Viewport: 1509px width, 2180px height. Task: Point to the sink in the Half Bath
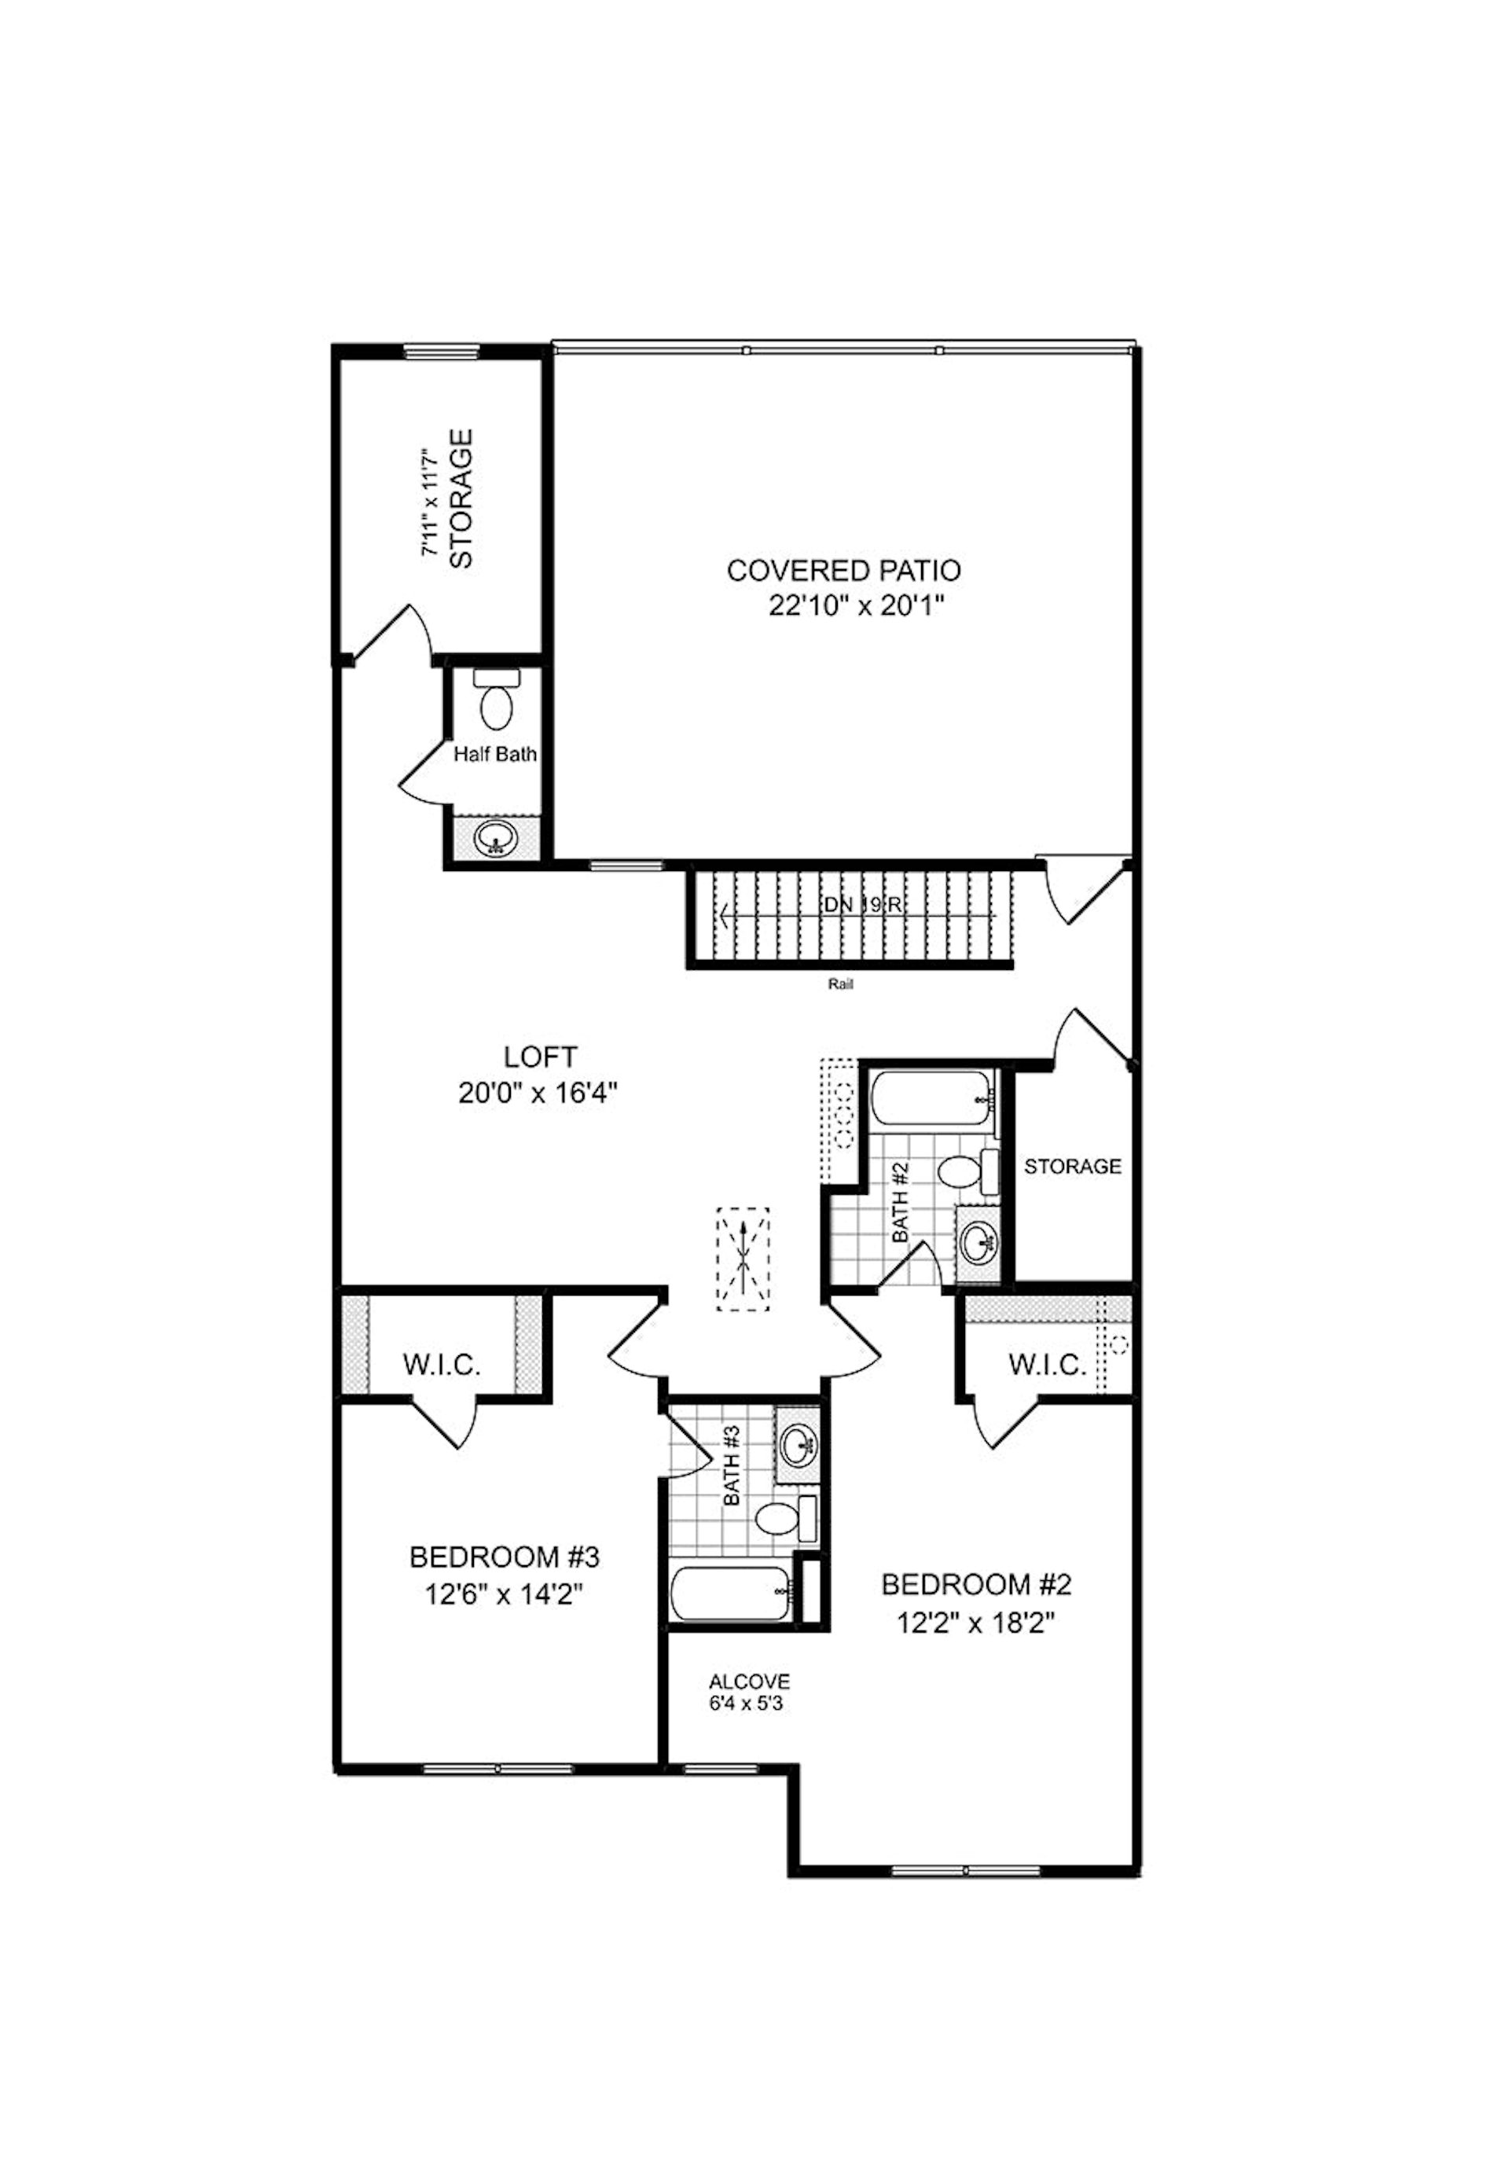(494, 838)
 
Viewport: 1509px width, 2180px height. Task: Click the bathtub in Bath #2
(930, 1100)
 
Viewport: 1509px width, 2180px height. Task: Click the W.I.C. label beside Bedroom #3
(442, 1365)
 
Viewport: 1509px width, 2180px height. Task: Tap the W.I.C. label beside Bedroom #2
(1047, 1365)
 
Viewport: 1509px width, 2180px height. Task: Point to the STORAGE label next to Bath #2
(1072, 1166)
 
